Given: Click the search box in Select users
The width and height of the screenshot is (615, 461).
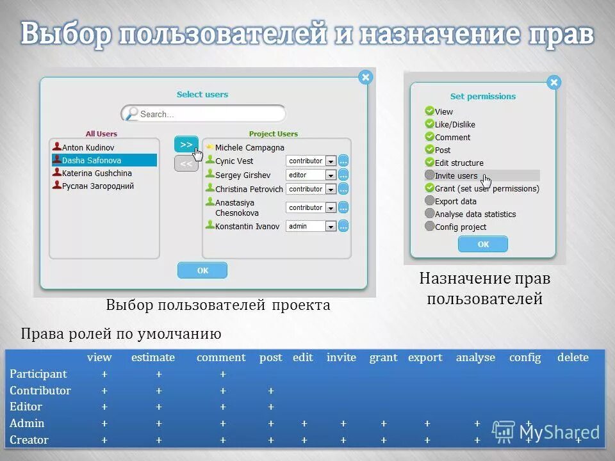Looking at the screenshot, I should [204, 114].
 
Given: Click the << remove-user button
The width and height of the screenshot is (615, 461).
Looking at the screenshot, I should [186, 164].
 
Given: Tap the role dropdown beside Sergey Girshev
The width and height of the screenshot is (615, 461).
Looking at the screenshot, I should [311, 175].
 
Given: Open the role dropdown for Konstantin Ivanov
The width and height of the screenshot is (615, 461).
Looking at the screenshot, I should [311, 226].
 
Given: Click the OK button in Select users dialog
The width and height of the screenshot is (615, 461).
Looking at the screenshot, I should [202, 270].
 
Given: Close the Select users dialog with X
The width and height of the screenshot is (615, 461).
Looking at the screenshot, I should [365, 77].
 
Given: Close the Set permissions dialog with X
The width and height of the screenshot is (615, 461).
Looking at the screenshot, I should [554, 83].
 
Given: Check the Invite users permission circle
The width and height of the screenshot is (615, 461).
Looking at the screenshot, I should [429, 175].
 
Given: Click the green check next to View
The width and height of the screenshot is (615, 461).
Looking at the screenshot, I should [429, 111].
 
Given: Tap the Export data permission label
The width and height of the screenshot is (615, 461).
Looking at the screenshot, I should [455, 201].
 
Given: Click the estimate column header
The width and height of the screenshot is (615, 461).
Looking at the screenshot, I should [153, 357].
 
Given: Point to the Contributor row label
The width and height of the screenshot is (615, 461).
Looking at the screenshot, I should [40, 391].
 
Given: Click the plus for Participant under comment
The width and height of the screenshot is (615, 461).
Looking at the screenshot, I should [223, 374].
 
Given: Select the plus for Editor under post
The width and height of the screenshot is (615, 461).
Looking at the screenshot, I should [271, 407].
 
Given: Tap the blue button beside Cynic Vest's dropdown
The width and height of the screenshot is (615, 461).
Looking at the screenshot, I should [344, 161].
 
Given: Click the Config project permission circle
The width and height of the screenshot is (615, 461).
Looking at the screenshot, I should [429, 226].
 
